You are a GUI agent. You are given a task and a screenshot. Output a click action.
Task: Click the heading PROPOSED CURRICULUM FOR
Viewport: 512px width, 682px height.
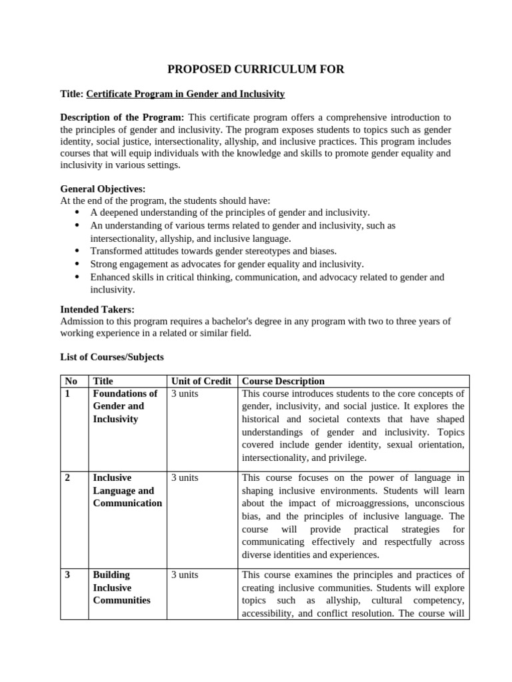(255, 69)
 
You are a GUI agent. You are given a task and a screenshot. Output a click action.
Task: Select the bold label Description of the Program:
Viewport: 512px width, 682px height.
(123, 118)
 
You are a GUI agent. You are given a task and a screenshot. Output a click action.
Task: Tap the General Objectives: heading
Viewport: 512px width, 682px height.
(103, 189)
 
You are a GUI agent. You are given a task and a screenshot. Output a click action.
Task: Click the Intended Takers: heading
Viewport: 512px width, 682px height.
(97, 309)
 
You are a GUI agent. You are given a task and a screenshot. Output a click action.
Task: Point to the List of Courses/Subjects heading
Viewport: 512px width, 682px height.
(112, 357)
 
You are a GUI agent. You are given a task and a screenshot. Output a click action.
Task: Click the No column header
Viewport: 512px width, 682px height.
(71, 381)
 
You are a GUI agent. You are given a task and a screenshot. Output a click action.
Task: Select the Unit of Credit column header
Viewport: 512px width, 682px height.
(201, 381)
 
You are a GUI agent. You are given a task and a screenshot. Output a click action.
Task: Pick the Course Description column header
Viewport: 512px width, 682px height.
(283, 381)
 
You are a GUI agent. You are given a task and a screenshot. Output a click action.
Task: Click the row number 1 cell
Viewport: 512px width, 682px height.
(67, 394)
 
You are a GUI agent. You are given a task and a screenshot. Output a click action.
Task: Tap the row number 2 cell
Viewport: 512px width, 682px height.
(67, 478)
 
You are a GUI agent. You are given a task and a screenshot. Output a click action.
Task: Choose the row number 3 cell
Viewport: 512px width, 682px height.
(67, 575)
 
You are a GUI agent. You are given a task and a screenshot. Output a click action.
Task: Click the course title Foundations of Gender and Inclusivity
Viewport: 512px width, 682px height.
(125, 406)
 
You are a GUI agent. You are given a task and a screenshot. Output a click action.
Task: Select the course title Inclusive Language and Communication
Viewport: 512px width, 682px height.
(127, 491)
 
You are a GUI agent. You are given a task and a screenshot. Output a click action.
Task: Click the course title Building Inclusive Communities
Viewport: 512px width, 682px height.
(121, 587)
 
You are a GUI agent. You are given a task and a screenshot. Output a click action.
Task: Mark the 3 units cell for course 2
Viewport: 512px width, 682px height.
(185, 478)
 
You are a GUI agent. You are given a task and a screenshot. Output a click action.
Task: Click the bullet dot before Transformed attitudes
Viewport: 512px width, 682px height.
(77, 251)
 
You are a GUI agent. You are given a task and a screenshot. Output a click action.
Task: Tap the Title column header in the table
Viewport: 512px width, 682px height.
(103, 381)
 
